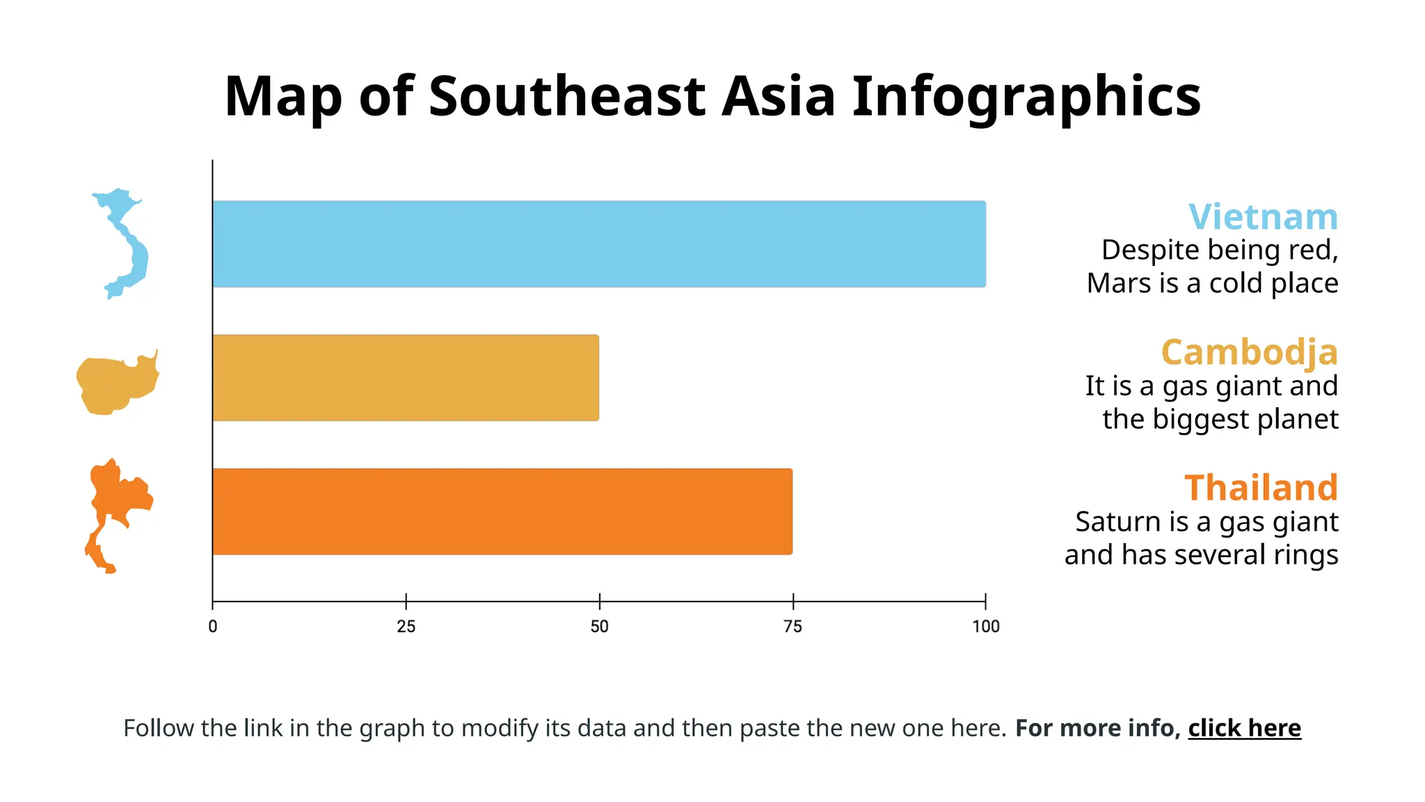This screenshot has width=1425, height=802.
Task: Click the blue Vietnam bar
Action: (598, 244)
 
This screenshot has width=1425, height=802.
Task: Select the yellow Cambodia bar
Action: (406, 377)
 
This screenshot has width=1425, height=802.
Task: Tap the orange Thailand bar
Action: (502, 512)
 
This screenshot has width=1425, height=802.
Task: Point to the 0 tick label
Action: (213, 627)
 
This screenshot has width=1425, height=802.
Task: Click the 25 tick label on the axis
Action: (406, 627)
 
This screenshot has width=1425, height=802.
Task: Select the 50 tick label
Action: (599, 627)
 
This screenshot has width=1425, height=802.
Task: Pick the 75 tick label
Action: (793, 627)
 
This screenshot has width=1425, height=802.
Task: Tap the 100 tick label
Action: (985, 627)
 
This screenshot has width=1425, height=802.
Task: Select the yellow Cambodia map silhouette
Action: (115, 384)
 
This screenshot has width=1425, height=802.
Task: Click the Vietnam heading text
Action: (1263, 217)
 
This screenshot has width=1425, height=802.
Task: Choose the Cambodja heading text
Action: (1249, 352)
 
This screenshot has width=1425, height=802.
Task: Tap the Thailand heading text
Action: (1261, 487)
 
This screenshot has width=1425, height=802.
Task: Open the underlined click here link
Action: (1244, 728)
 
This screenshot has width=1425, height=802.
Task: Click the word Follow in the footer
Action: (159, 728)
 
